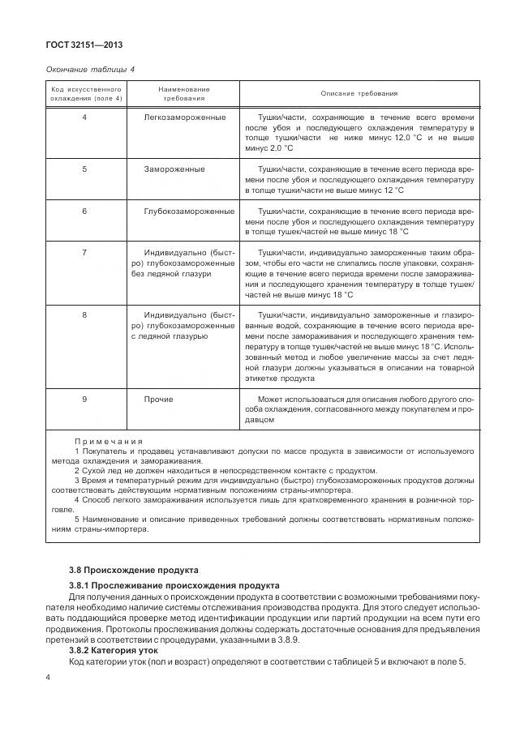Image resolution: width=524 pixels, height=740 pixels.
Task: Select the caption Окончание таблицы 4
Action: pos(90,70)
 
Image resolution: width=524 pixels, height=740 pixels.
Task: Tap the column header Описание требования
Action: pos(359,93)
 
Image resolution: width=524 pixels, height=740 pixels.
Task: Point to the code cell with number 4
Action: pos(85,118)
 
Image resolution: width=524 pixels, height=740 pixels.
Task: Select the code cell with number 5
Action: pos(85,169)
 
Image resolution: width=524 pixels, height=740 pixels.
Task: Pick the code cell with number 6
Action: pos(85,211)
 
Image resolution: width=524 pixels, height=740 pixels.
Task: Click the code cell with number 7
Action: pos(85,253)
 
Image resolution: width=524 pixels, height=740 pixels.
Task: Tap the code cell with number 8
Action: pos(85,314)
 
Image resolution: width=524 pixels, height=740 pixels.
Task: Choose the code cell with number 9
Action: pos(85,400)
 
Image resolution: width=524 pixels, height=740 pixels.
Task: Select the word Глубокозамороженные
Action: pos(189,211)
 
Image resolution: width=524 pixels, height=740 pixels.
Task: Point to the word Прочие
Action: pos(158,400)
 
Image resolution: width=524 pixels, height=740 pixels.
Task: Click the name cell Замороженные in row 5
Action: pos(174,169)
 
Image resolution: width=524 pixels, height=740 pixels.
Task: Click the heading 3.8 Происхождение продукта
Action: pos(134,571)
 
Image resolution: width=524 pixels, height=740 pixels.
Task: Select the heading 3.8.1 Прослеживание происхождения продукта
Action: pos(174,585)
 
